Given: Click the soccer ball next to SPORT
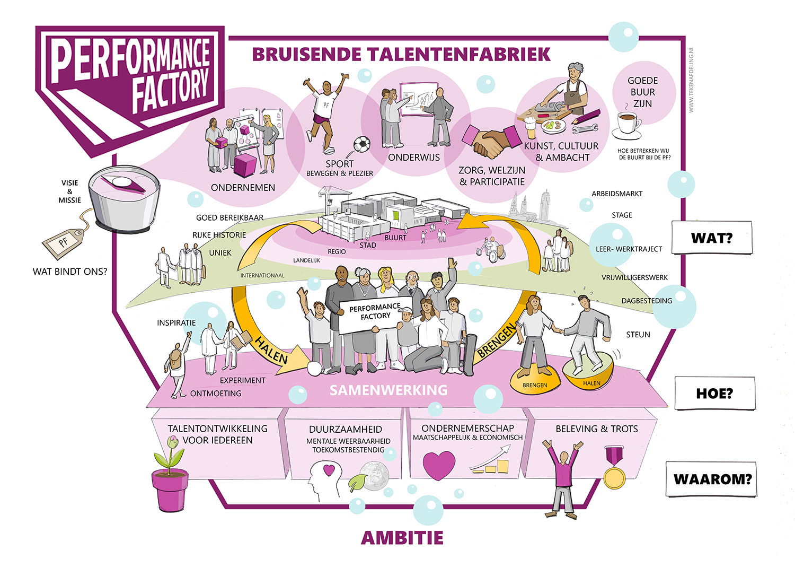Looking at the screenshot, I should (362, 144).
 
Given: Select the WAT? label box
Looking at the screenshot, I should (711, 238).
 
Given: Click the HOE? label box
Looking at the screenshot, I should (714, 394).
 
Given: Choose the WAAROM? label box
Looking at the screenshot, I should (712, 479).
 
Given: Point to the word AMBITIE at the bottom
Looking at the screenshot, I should (402, 538).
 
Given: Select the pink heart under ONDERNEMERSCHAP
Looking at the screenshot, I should (439, 465).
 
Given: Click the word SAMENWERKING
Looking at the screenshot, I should (388, 390).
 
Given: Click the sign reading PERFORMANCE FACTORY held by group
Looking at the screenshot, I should (375, 315).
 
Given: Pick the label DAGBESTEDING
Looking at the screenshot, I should (647, 301).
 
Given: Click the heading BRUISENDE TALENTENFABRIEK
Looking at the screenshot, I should (401, 55).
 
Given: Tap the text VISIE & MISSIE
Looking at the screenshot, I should (70, 191).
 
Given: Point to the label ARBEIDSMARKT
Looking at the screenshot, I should (617, 194).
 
